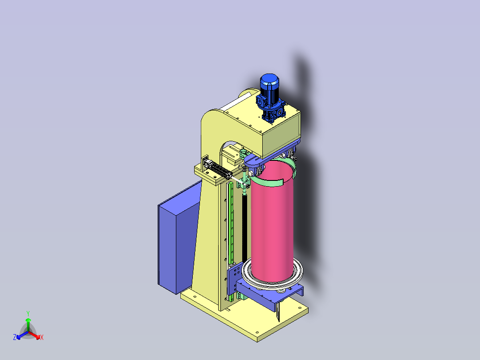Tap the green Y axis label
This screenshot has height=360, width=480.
tap(28, 313)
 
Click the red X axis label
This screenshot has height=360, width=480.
tap(42, 337)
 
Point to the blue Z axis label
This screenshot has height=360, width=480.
tap(14, 337)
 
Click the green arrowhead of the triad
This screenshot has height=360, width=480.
tap(28, 320)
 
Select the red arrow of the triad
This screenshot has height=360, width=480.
tap(34, 335)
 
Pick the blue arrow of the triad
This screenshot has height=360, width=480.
tap(22, 335)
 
